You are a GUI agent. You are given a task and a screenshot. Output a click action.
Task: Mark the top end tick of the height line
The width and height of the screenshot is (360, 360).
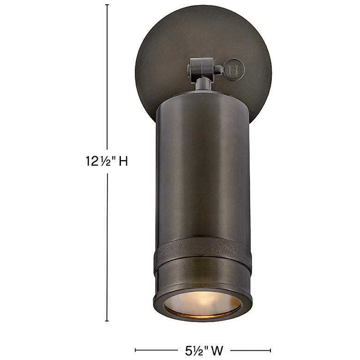click(108, 5)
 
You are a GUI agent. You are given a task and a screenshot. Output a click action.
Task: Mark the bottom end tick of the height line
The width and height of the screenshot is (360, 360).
click(108, 321)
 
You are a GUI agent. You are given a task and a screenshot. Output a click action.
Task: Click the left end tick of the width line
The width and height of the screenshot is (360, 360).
click(135, 350)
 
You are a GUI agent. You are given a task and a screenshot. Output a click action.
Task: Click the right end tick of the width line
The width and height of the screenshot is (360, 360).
click(271, 350)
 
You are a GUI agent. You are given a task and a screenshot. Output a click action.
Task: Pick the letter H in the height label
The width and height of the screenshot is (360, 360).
click(123, 161)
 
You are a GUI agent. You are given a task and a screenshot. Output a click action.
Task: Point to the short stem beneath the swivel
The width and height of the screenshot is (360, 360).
click(202, 84)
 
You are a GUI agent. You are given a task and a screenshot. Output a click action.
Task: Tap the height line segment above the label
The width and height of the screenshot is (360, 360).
click(108, 78)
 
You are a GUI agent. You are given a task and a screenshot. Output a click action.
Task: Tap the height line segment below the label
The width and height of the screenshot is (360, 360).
click(108, 245)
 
